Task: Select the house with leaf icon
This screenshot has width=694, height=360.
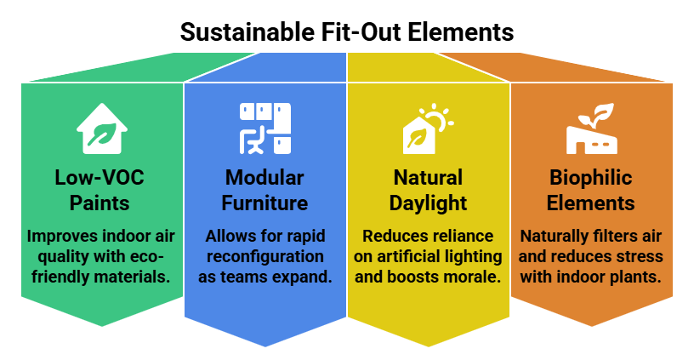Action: tap(102, 128)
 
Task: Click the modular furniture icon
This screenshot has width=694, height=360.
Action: tap(265, 128)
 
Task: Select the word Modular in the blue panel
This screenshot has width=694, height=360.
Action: tap(265, 179)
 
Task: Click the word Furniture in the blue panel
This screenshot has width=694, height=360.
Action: tap(265, 204)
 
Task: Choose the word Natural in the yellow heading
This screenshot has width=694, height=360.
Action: tap(428, 179)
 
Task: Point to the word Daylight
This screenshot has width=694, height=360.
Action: tap(428, 204)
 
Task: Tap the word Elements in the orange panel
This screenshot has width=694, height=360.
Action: tap(591, 204)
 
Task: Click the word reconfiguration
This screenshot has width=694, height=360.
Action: tap(265, 256)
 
